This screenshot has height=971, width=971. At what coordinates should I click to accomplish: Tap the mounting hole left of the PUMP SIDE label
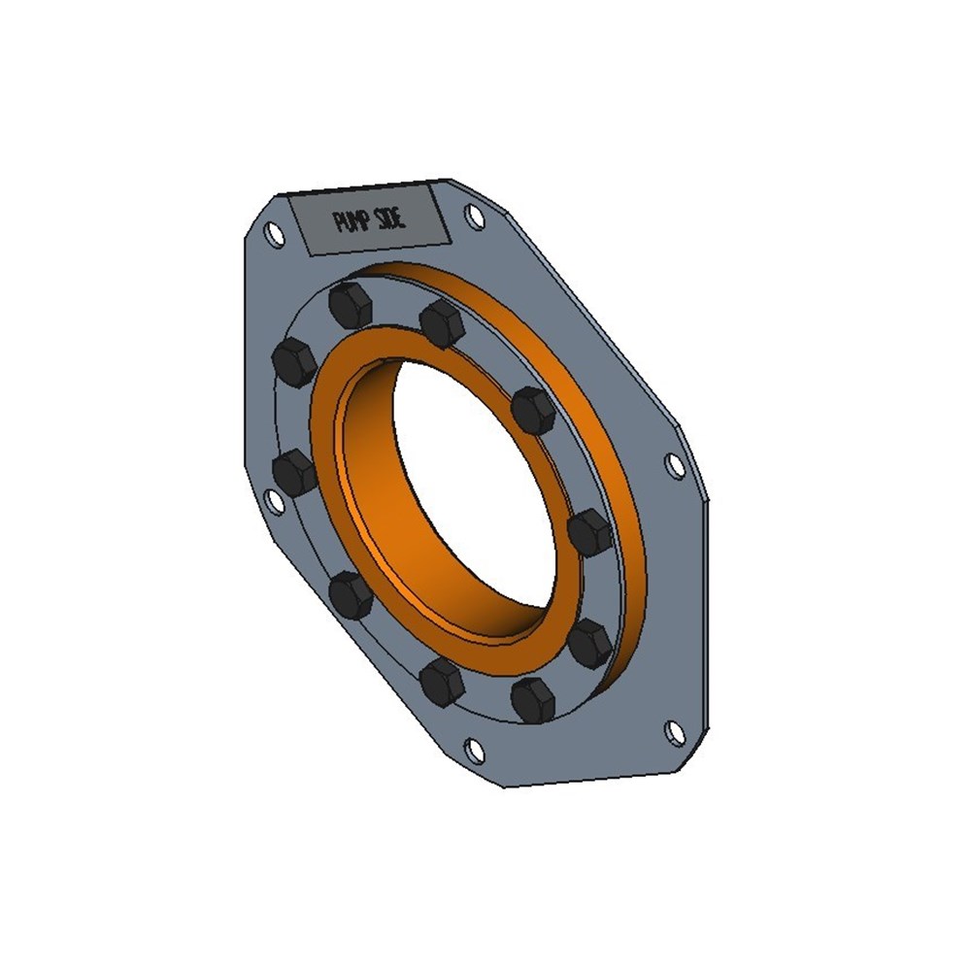coord(273,235)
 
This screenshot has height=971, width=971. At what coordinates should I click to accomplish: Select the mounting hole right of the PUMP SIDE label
coord(475,217)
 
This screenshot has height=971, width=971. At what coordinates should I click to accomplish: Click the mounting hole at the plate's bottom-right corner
coord(675,732)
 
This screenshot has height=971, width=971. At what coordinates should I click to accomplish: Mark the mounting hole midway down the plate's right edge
coord(675,465)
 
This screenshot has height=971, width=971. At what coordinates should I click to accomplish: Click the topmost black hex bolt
coord(352,305)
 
